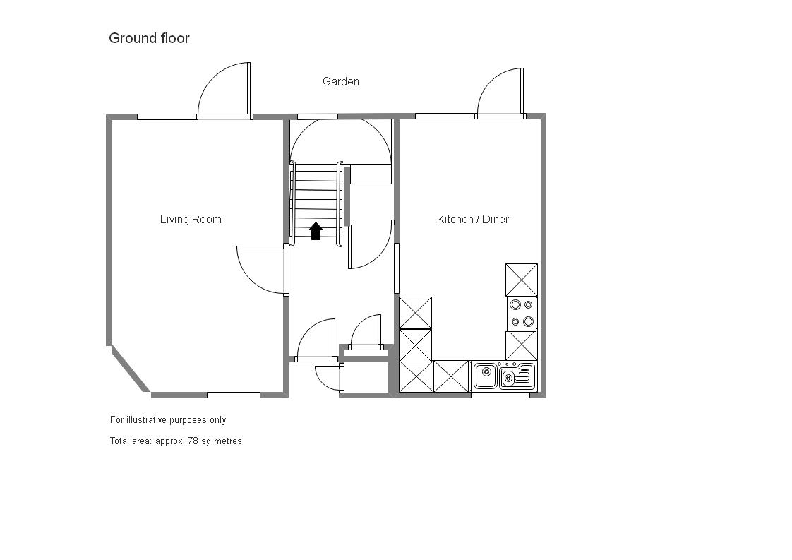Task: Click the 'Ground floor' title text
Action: point(149,38)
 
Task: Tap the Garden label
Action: point(341,82)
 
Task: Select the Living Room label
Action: point(191,219)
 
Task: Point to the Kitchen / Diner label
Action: point(473,219)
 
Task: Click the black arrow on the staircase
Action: point(316,231)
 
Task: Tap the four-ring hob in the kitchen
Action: point(522,314)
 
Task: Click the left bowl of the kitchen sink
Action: point(486,375)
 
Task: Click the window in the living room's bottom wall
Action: point(233,395)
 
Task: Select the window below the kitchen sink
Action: point(500,395)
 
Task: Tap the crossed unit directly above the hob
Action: point(522,280)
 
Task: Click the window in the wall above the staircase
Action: point(317,117)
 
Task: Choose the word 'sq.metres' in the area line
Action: point(221,441)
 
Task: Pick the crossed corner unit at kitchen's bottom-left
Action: point(416,376)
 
